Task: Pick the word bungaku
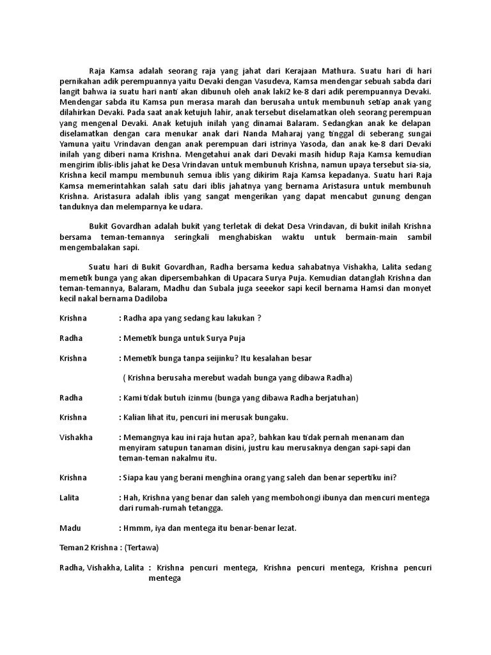click(x=272, y=418)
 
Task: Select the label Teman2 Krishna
click(x=84, y=549)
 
